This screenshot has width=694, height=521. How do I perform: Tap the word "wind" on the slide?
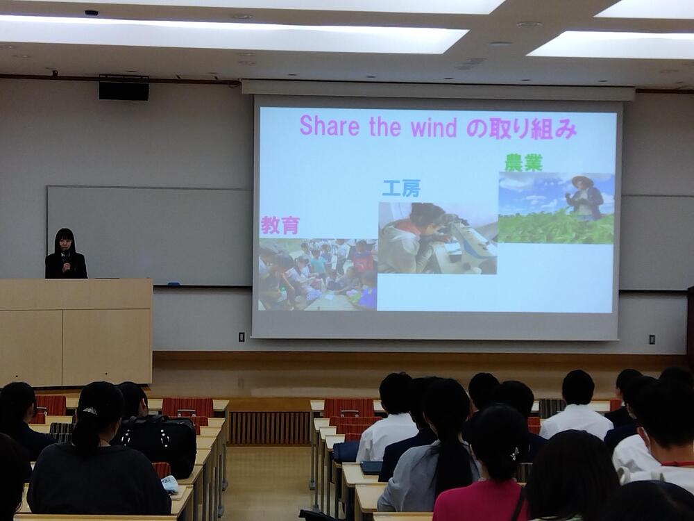[x=433, y=128]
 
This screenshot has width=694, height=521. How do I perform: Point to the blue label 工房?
[x=401, y=188]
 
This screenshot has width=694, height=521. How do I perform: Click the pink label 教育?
[x=280, y=225]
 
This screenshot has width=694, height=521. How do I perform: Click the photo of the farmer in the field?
[x=556, y=208]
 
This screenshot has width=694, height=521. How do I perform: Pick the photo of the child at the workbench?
[x=437, y=238]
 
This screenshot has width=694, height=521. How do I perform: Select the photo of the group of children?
[x=317, y=274]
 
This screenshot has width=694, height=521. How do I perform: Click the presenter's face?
[x=65, y=243]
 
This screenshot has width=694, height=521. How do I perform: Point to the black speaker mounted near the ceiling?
[x=124, y=90]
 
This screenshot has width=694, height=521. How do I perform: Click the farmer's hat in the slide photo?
[x=582, y=181]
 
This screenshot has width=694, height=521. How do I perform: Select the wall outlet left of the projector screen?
[x=242, y=337]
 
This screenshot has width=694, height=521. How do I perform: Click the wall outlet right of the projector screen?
[x=652, y=340]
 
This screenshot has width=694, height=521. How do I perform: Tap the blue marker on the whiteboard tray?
[x=173, y=283]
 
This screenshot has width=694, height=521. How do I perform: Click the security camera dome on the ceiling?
[x=91, y=13]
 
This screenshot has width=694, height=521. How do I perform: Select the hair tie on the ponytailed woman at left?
[x=90, y=411]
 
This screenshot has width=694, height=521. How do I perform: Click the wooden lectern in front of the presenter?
[x=76, y=331]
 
